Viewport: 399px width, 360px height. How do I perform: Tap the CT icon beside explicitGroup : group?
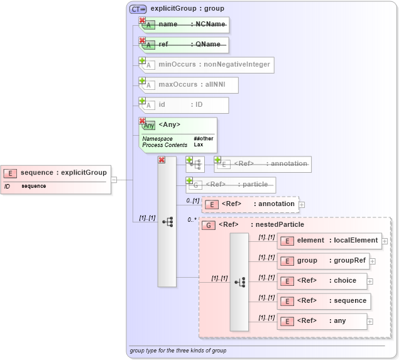tap(138, 9)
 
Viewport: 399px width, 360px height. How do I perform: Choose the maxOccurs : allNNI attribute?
tap(188, 85)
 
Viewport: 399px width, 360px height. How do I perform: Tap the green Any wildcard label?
tap(148, 125)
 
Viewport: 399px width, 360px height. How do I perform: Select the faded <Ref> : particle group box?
tap(231, 185)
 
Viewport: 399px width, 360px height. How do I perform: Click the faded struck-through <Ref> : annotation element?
tap(263, 164)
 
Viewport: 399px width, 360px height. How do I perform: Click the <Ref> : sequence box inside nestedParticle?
tap(324, 301)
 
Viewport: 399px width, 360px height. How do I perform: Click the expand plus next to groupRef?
tap(373, 261)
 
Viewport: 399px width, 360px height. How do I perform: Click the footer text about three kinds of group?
tap(178, 351)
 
